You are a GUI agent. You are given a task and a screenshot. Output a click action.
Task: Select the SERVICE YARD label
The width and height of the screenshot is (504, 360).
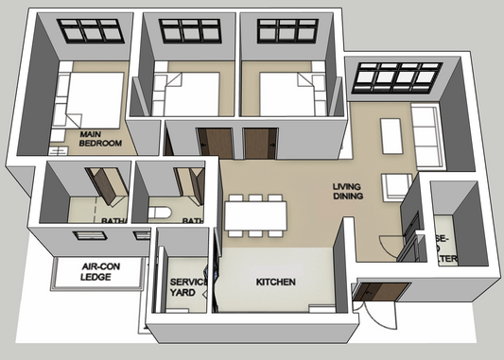[182, 287]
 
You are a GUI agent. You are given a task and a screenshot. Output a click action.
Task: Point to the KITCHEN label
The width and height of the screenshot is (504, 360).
[276, 283]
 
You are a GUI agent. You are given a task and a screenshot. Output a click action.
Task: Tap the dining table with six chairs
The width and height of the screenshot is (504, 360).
[255, 214]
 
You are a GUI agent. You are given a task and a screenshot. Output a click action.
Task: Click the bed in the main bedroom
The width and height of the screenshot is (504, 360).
[96, 98]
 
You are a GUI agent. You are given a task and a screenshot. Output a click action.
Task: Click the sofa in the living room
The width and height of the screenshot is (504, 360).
[425, 137]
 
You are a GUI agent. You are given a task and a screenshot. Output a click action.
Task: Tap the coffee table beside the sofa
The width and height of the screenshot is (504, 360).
[390, 136]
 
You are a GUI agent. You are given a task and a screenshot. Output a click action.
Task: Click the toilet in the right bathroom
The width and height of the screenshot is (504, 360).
[160, 212]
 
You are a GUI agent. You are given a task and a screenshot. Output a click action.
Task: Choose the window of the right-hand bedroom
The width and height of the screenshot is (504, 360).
[285, 29]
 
